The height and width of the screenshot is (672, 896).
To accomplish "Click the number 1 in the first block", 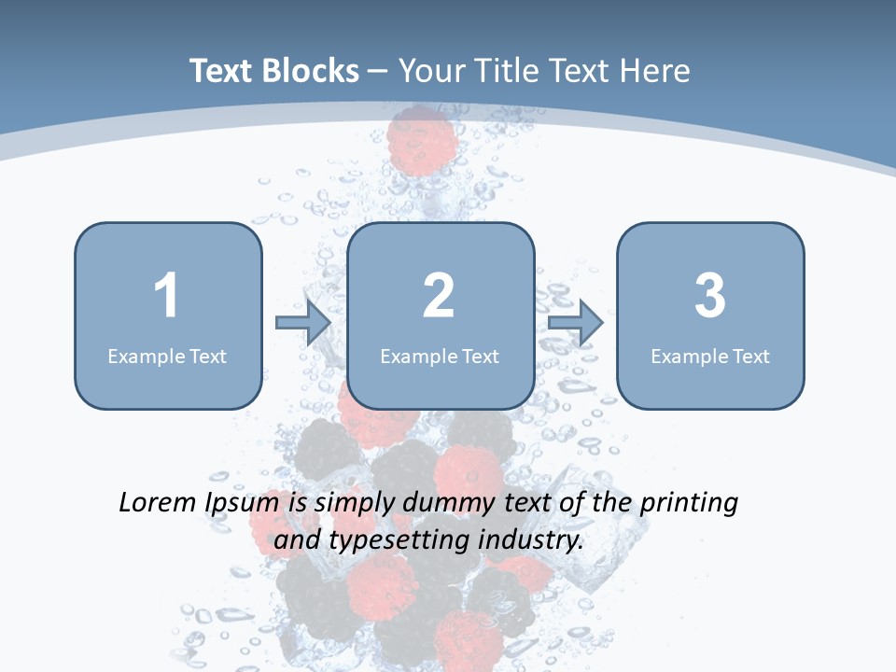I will point(166,296).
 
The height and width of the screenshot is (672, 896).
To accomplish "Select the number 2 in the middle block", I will point(439,296).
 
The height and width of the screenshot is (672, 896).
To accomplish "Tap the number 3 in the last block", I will point(710,296).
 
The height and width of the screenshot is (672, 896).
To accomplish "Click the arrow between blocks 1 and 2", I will point(303,323).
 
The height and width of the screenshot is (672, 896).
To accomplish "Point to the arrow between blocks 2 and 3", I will point(576,323).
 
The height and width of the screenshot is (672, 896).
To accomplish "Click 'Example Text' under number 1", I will point(167,356).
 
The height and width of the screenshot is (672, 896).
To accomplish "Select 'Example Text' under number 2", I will point(440,356).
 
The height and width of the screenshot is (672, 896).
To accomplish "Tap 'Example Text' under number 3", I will point(710,356).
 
